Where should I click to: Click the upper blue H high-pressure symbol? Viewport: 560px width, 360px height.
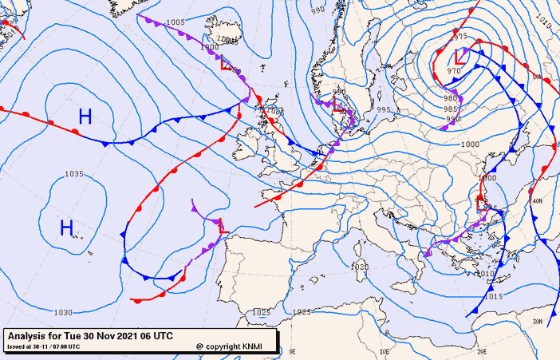85,117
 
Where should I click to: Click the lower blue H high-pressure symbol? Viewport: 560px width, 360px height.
67,228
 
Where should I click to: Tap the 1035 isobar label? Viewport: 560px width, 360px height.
74,174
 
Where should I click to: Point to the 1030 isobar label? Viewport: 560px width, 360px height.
63,312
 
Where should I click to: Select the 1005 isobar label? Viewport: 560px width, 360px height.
175,22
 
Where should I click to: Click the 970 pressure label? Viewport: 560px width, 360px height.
454,72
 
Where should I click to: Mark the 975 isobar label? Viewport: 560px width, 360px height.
460,37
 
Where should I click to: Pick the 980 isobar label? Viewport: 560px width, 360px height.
450,98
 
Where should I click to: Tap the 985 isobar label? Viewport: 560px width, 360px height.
451,109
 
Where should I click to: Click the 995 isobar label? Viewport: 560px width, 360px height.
384,109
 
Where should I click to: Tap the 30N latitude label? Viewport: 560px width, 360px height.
538,321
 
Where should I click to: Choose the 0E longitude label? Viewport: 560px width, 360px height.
292,351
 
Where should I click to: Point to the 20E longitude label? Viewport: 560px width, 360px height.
482,351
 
